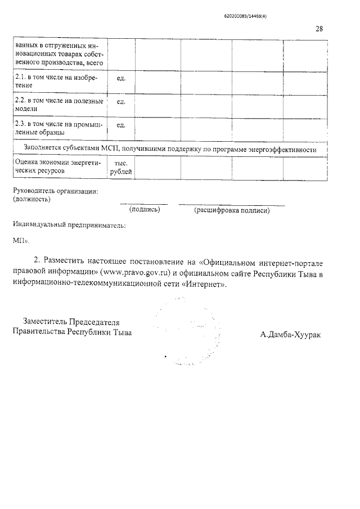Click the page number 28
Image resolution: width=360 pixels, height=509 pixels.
click(319, 29)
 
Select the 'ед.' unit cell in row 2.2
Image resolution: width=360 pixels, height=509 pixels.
click(120, 102)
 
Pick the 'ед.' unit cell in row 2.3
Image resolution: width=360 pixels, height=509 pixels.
click(120, 125)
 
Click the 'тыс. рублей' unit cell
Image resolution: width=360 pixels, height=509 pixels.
click(120, 166)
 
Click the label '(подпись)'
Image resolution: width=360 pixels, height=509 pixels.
click(145, 210)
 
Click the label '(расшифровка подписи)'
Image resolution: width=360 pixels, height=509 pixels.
click(232, 210)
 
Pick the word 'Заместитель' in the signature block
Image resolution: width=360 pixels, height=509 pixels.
click(44, 322)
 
